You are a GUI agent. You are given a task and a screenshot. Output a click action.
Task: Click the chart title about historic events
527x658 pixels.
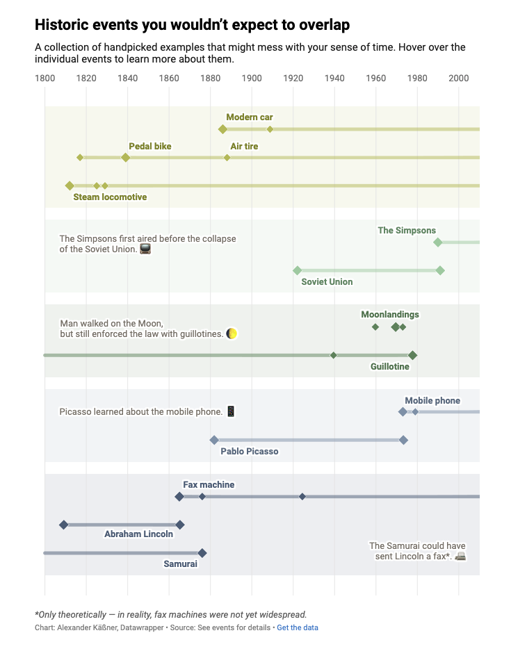192,25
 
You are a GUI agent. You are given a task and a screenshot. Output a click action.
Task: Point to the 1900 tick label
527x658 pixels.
252,79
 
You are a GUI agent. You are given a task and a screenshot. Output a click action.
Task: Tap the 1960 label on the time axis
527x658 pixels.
376,79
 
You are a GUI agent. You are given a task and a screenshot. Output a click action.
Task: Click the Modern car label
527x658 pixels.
249,117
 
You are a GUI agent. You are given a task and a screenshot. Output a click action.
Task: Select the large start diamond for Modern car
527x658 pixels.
222,129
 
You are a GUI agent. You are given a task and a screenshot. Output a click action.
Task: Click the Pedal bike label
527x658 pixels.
149,146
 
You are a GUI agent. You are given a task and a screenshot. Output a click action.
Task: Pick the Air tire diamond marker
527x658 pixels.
227,158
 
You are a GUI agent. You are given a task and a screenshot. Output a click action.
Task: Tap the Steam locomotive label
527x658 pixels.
110,197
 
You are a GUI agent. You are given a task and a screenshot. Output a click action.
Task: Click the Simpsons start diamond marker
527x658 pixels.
437,242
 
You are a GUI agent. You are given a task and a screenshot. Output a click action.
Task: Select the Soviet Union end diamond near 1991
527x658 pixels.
440,270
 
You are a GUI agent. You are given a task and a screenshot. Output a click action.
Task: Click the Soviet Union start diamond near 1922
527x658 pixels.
297,270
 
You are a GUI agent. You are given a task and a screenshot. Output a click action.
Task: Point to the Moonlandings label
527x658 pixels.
389,314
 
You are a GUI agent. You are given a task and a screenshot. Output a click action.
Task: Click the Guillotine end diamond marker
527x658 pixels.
412,355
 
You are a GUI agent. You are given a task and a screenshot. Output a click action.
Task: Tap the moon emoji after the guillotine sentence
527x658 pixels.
232,334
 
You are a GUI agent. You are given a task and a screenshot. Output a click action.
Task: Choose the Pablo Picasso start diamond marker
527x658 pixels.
214,440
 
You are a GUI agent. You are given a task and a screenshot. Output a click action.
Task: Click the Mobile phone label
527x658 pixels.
432,400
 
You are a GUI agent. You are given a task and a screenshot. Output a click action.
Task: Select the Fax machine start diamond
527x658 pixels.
179,496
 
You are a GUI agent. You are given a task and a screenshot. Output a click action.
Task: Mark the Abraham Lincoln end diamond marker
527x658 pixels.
180,525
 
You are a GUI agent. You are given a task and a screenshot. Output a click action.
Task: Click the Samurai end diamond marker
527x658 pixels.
202,553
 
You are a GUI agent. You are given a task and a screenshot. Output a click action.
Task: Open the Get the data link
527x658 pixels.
298,627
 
